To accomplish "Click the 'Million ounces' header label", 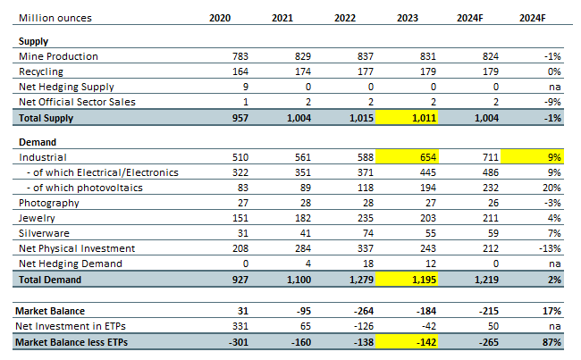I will coord(53,17).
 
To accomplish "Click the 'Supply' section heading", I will coord(33,41).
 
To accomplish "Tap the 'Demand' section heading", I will coord(38,141).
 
